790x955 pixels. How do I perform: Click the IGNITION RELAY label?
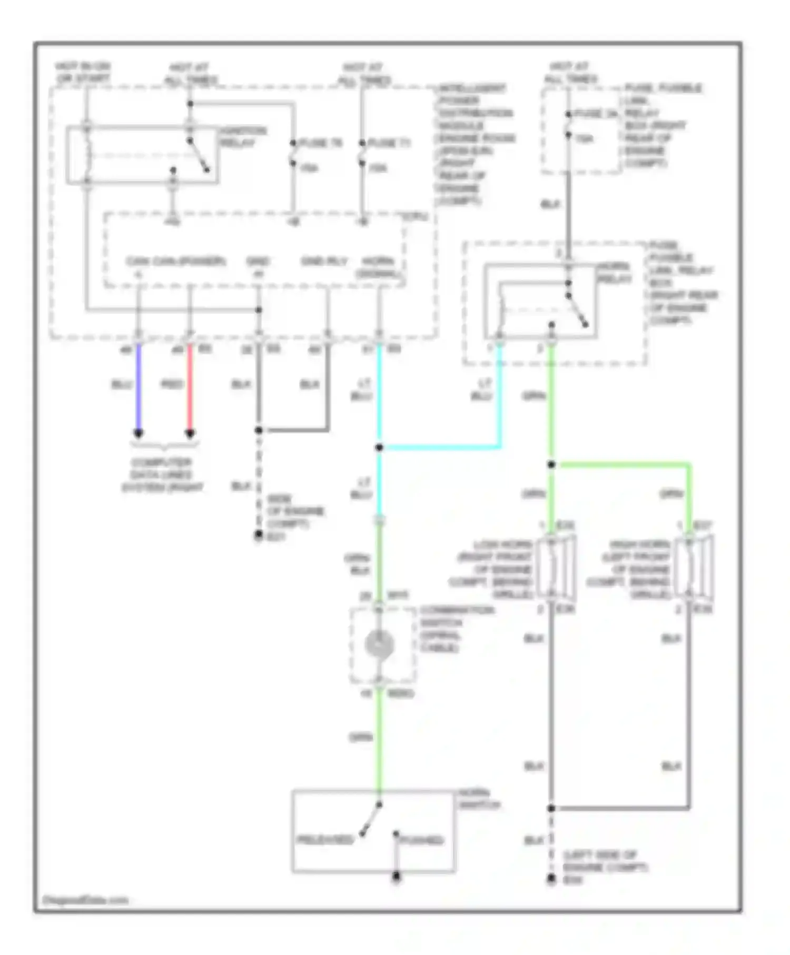point(242,136)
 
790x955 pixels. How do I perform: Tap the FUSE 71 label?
point(389,143)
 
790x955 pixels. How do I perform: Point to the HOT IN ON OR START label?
point(83,73)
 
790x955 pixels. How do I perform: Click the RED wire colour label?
point(172,384)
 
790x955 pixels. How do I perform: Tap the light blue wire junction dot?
point(379,448)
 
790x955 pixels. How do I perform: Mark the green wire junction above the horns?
point(551,465)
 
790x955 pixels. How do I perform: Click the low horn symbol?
point(556,567)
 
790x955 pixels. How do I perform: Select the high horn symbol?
point(695,567)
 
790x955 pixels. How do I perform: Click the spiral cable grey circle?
point(379,645)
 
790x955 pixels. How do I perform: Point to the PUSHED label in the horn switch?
point(421,840)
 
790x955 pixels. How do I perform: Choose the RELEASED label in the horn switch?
point(325,840)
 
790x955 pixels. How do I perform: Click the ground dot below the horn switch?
point(397,877)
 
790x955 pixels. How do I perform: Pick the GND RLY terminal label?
point(324,261)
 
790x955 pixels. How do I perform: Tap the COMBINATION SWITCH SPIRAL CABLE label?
point(456,629)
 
